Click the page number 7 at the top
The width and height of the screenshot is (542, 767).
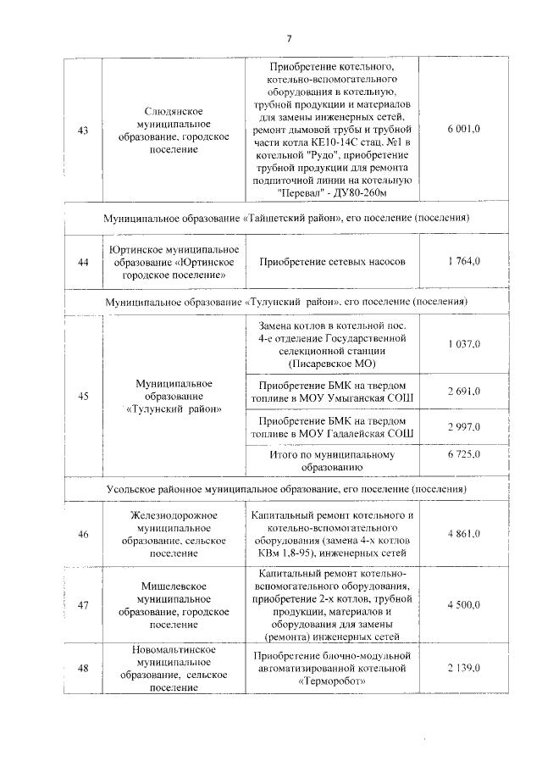[288, 38]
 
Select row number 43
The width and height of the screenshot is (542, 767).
[83, 131]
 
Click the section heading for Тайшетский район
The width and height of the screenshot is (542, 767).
[287, 218]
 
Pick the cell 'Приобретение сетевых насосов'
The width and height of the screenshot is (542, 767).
[332, 262]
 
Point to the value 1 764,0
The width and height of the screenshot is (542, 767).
[464, 262]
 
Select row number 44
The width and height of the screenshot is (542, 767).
[83, 262]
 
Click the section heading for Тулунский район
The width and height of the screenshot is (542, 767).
[287, 302]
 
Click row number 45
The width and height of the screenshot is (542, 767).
[83, 396]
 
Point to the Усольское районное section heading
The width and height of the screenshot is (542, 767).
[287, 490]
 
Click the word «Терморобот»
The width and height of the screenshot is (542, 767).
[332, 681]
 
